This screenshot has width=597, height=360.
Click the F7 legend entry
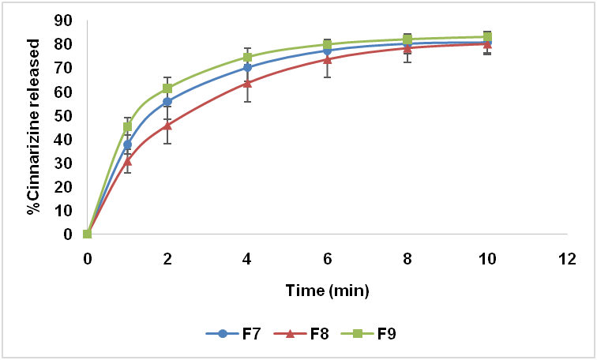tap(236, 333)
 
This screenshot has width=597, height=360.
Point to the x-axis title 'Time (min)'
tap(327, 291)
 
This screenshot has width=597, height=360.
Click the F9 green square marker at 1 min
tap(127, 126)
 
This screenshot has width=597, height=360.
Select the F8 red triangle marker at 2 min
tap(167, 125)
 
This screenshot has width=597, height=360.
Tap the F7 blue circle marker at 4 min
tap(247, 67)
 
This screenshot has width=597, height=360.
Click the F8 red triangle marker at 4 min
tap(247, 83)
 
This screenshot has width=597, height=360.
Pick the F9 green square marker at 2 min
tap(167, 88)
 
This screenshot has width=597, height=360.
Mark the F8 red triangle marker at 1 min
tap(127, 161)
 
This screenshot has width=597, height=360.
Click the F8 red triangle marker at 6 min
tap(327, 59)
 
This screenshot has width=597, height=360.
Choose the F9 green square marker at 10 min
tap(487, 36)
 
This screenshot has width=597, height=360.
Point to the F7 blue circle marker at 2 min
tap(167, 102)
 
